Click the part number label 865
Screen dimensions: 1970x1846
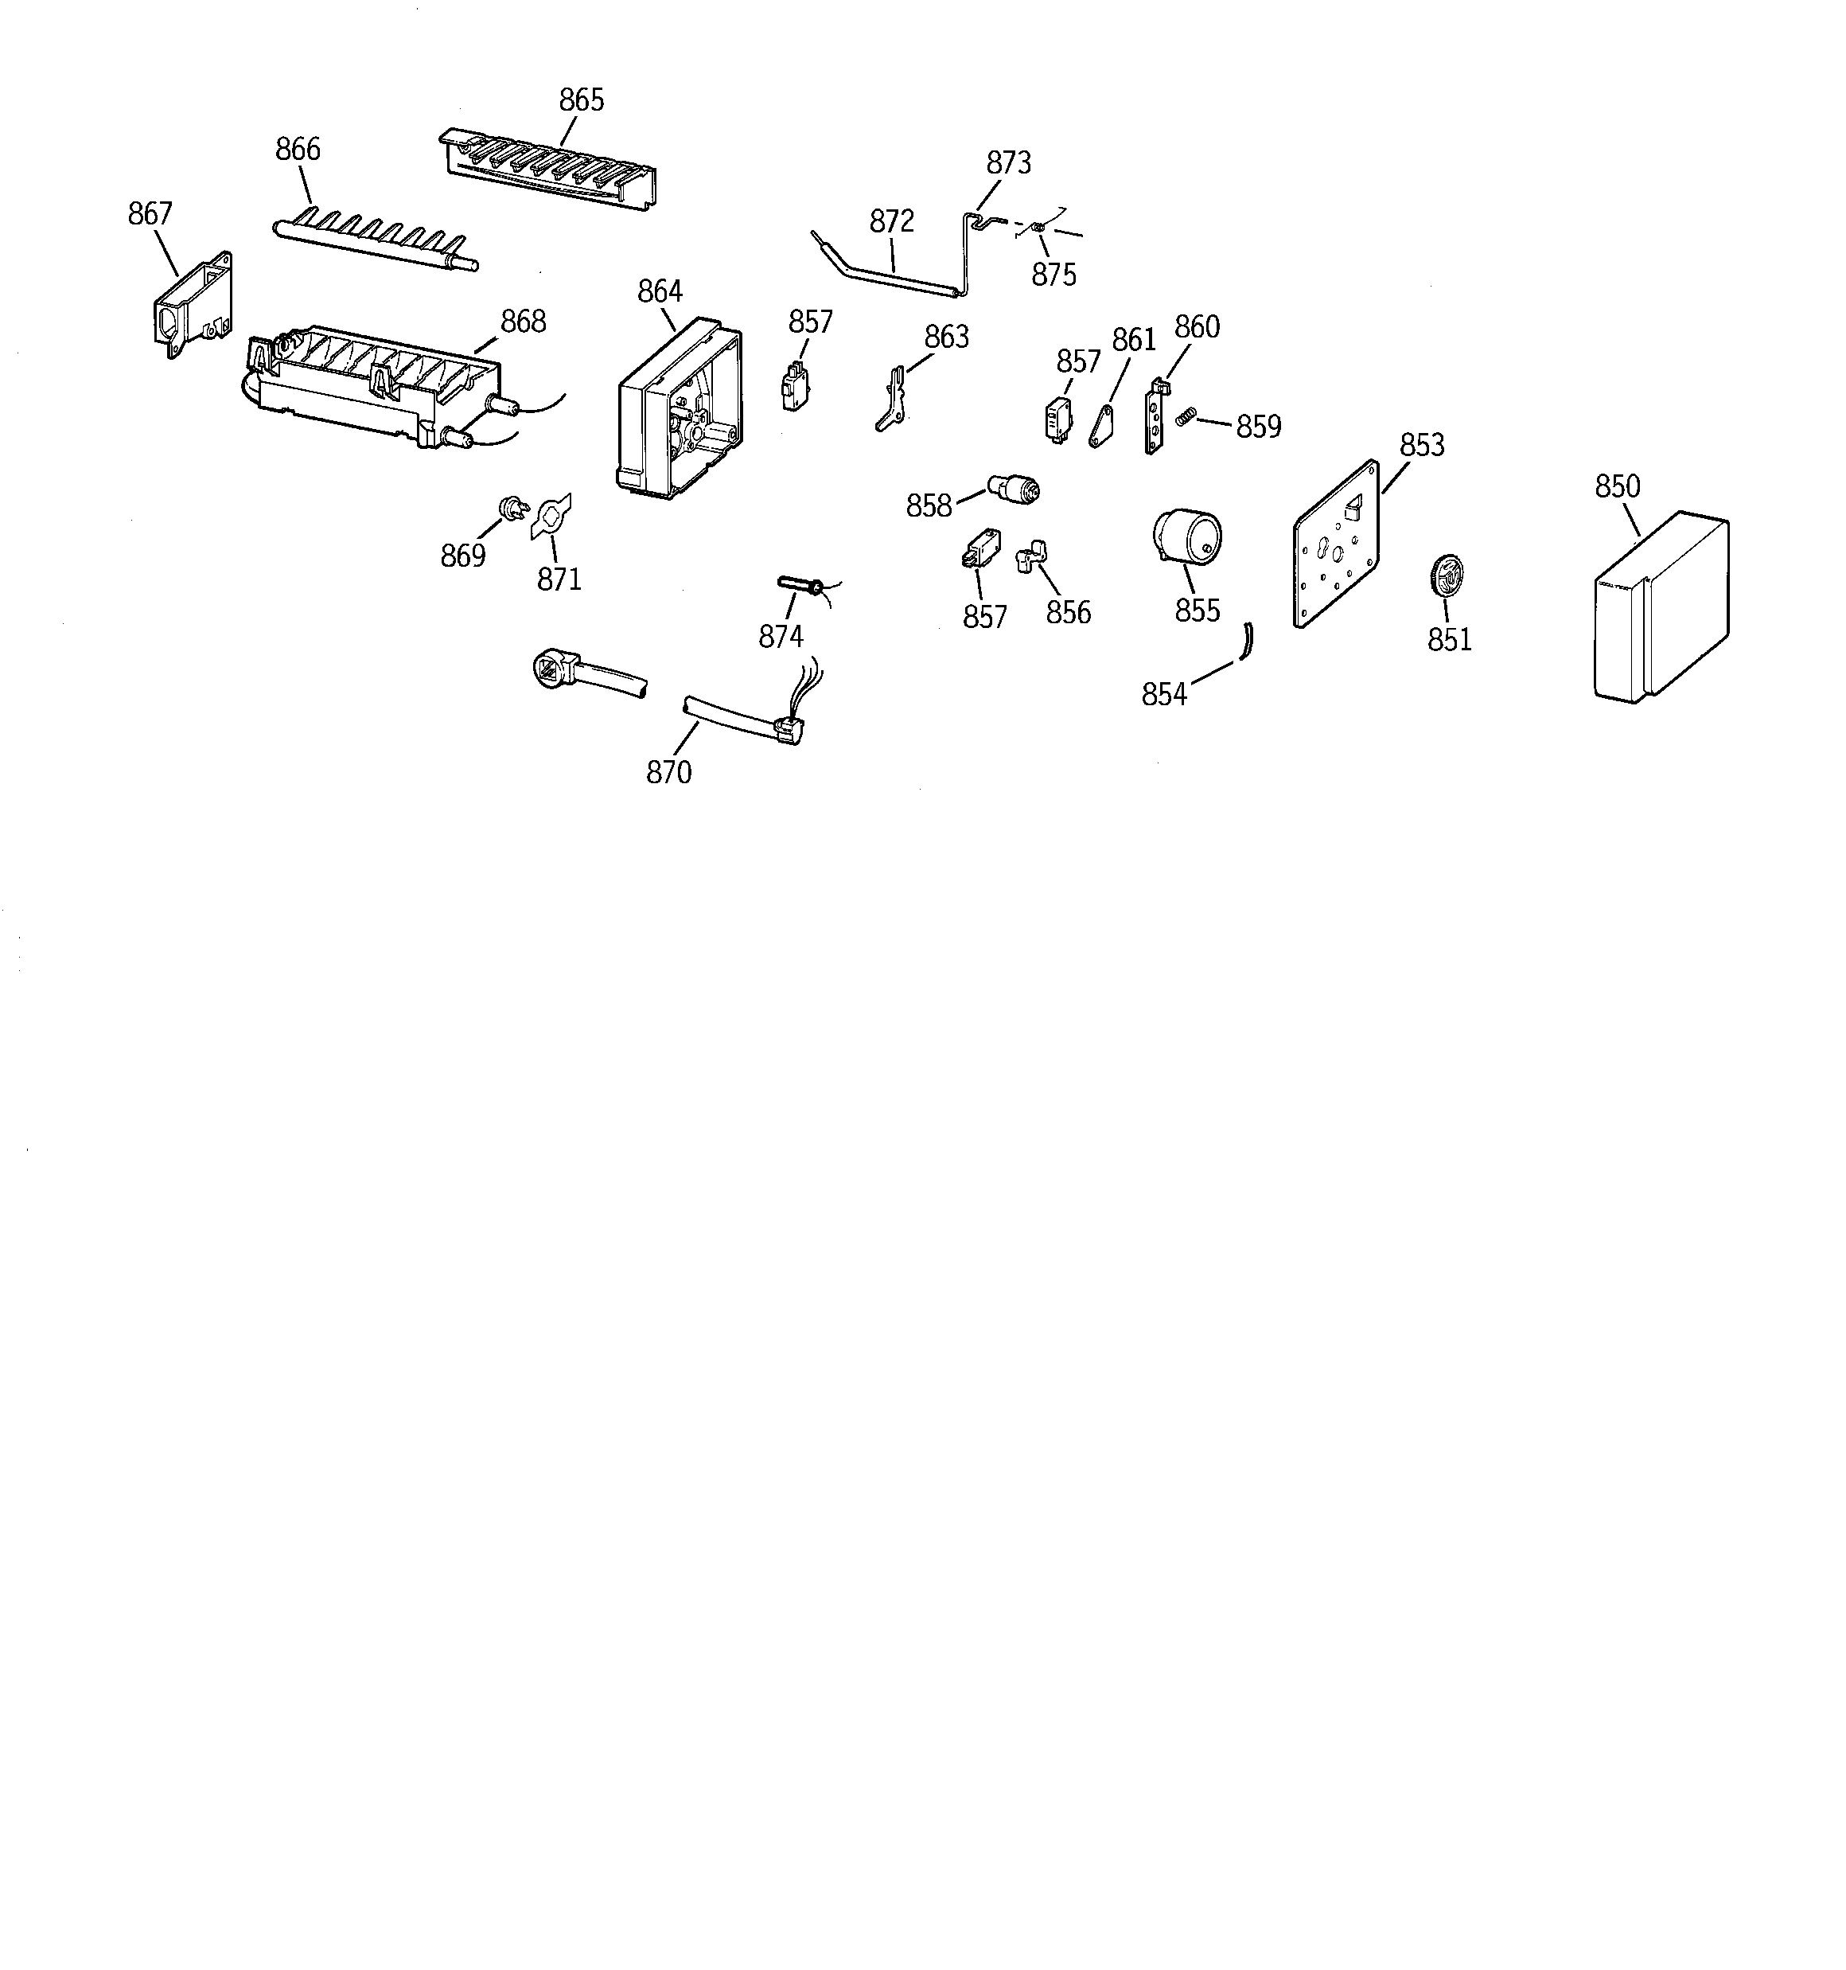tap(581, 100)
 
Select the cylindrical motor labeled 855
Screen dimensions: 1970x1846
tap(1187, 538)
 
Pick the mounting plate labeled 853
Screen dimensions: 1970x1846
tap(1337, 543)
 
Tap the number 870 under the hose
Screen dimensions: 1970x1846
tap(669, 772)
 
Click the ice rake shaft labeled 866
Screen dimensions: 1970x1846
tap(375, 241)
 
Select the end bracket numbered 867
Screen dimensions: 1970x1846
tap(193, 304)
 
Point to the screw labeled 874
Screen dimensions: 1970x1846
tap(796, 586)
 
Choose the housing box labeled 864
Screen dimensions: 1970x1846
tap(680, 409)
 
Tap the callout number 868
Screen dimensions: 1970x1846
tap(524, 321)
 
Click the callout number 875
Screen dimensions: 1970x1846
tap(1053, 275)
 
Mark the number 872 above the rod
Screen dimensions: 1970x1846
tap(892, 221)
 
